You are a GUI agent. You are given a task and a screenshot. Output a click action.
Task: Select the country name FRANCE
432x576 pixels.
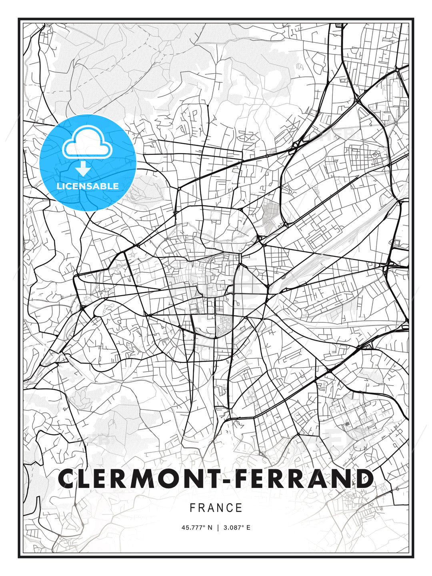pos(216,508)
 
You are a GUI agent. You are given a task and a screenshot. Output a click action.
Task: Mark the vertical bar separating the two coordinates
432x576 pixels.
pos(218,528)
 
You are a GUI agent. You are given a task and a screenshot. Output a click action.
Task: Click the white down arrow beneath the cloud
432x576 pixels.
pos(83,169)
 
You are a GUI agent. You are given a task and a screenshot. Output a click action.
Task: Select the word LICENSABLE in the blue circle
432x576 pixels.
pos(88,186)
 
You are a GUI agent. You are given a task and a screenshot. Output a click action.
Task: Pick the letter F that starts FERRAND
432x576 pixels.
pos(245,479)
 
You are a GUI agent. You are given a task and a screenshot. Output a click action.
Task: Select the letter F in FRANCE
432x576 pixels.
pos(192,508)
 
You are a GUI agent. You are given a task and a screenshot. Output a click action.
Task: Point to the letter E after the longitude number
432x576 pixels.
pos(248,528)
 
